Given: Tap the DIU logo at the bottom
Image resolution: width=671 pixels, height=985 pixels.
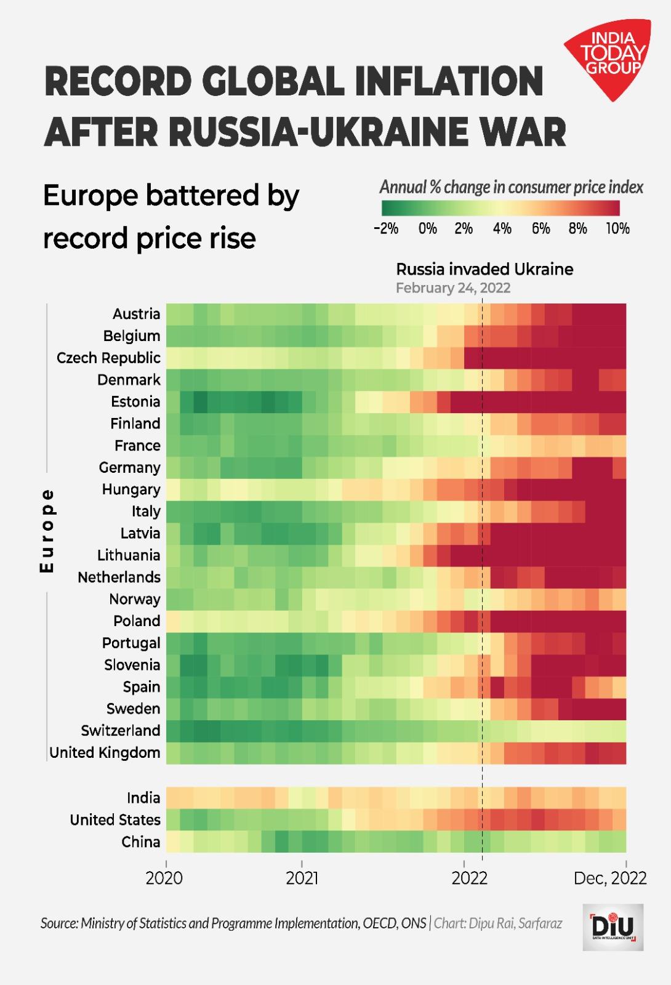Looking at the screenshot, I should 613,927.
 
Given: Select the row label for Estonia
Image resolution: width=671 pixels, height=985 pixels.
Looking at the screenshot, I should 135,401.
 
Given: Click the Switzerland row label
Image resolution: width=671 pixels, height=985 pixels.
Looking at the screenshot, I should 121,731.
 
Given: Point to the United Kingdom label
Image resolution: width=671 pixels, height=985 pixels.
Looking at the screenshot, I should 105,752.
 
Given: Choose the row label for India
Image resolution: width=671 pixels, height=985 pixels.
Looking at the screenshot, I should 143,798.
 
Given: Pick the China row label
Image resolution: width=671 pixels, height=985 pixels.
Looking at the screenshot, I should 140,842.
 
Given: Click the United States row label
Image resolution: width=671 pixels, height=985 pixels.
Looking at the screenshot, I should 115,820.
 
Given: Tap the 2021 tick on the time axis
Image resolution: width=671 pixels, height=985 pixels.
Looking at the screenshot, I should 302,878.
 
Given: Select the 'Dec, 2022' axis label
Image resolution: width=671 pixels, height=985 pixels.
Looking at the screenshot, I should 609,878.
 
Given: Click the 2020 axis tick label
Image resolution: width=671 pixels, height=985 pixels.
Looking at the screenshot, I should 164,878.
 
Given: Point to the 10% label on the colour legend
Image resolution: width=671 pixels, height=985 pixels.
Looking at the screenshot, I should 617,229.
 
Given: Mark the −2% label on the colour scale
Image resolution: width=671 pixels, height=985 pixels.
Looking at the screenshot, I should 386,229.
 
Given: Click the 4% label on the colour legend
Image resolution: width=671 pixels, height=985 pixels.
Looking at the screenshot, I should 502,229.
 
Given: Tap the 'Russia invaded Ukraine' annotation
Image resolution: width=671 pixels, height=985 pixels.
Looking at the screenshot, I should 484,269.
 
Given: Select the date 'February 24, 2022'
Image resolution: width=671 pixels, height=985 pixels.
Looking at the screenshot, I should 453,288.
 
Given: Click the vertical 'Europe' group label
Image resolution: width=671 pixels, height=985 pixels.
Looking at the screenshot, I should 47,531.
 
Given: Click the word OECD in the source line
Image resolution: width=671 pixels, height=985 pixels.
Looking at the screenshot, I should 380,923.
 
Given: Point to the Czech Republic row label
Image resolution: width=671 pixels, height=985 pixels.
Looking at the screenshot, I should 108,358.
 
